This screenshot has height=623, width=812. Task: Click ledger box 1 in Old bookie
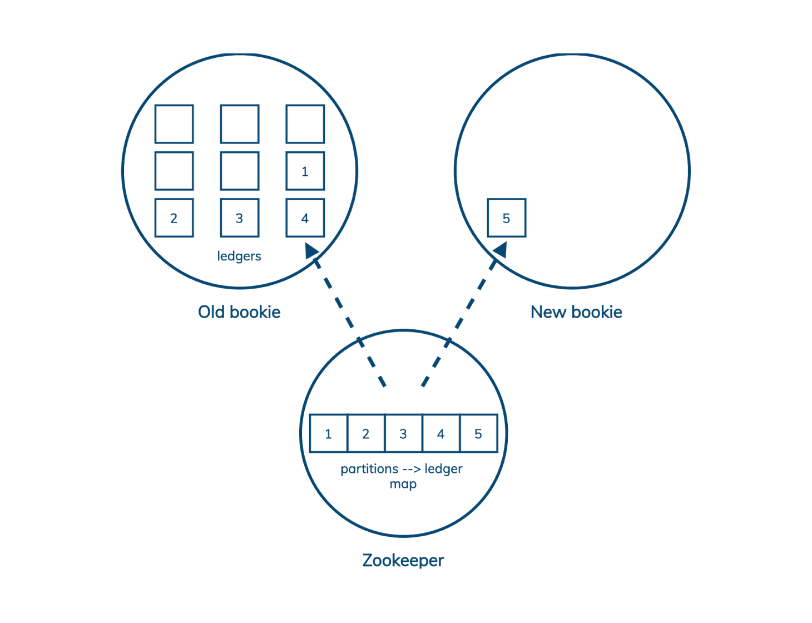point(305,171)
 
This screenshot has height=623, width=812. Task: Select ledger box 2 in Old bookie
point(174,218)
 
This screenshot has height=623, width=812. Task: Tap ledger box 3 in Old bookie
point(239,218)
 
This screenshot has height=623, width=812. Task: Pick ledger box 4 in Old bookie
point(305,218)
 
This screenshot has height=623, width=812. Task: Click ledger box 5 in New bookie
point(506,218)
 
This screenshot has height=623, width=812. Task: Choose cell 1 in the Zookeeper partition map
point(328,433)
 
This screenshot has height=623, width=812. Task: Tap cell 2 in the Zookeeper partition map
point(366,433)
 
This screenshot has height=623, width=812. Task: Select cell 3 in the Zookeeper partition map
point(403,433)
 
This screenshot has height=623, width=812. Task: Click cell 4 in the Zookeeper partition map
point(441,433)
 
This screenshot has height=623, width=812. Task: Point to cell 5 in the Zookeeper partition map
point(478,433)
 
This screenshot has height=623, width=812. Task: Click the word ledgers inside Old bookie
point(239,256)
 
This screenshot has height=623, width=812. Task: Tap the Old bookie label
point(239,312)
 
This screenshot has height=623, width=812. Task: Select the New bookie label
point(576,312)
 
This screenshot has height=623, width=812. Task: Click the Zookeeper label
point(403,560)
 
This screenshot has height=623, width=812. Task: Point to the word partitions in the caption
point(369,469)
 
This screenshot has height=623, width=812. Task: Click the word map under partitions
point(403,484)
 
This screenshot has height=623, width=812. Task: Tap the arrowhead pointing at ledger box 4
point(311,251)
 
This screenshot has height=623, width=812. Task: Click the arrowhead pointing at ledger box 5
point(501,250)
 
